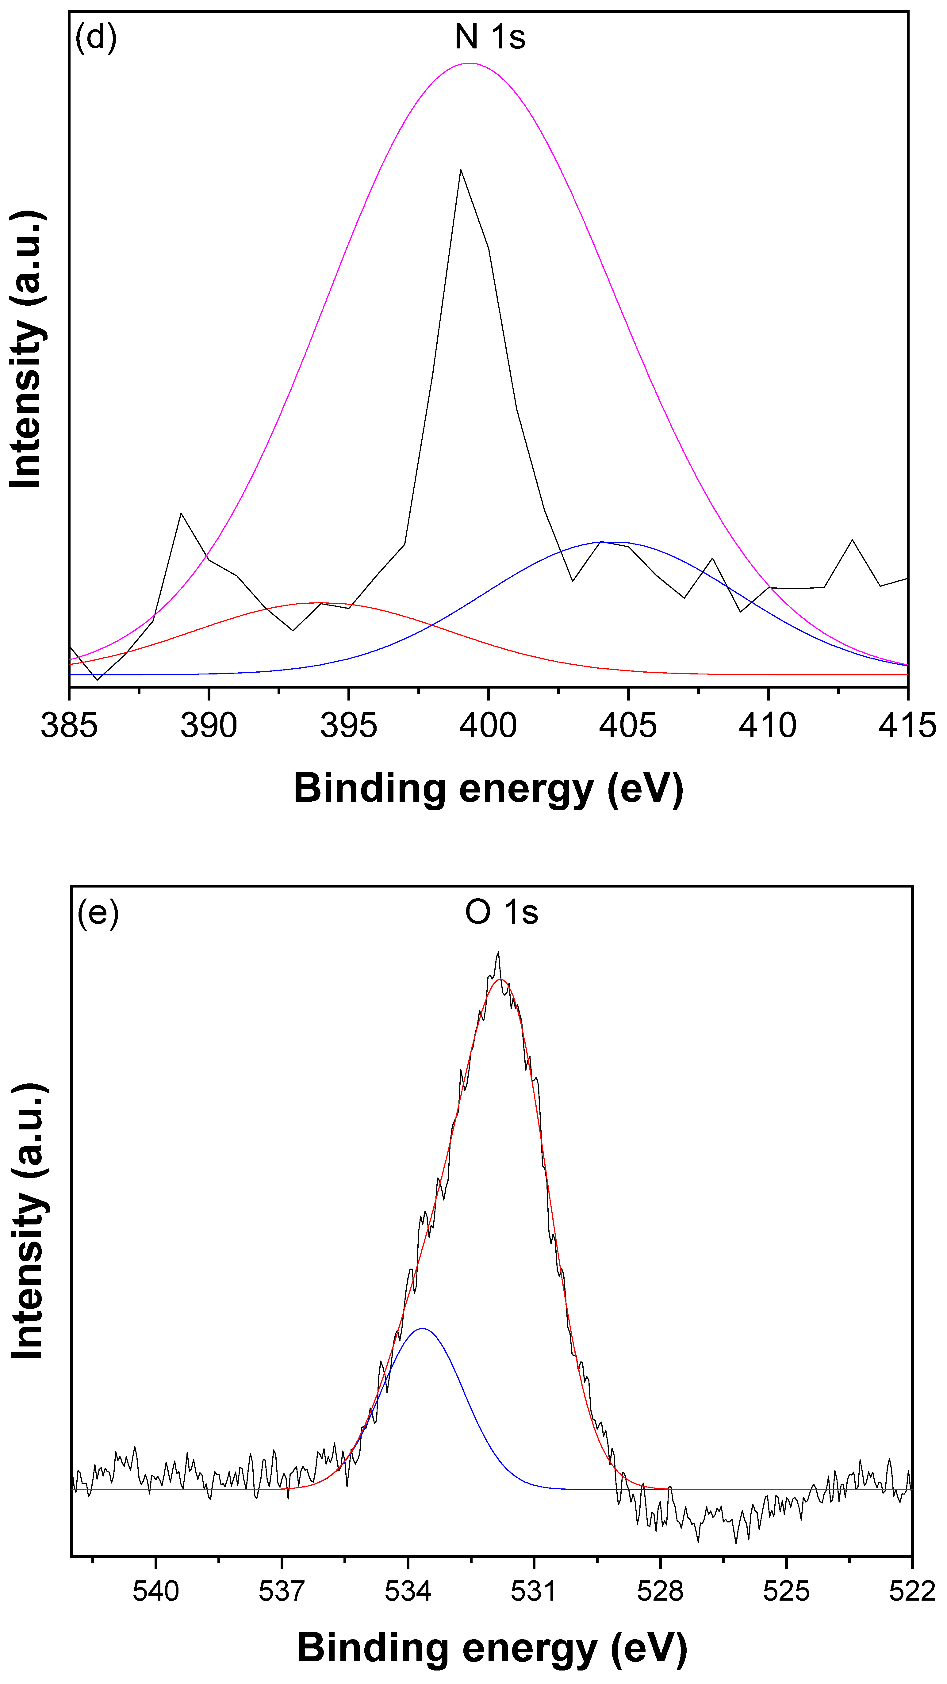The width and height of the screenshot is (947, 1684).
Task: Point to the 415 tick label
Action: click(x=907, y=726)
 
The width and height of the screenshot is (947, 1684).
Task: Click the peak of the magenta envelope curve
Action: click(x=470, y=63)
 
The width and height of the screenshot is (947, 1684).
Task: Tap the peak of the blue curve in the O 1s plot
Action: click(x=423, y=1328)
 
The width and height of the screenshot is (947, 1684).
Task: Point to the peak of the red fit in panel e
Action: click(x=501, y=979)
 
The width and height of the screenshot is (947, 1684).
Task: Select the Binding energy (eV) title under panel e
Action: click(x=492, y=1648)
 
